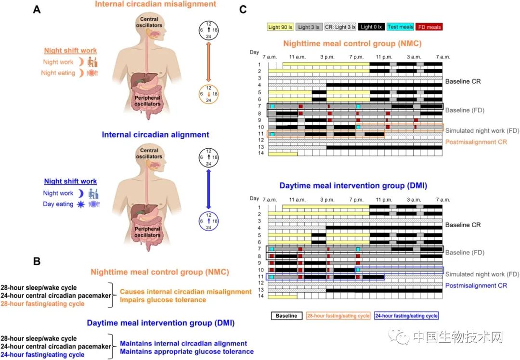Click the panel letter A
[x=37, y=9]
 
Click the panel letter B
[x=37, y=262]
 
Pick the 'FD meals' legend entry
[x=429, y=27]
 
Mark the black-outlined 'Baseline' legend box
[x=287, y=316]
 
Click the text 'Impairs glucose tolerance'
[x=163, y=300]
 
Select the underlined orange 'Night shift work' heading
[x=70, y=51]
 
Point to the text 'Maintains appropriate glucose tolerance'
[x=187, y=351]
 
